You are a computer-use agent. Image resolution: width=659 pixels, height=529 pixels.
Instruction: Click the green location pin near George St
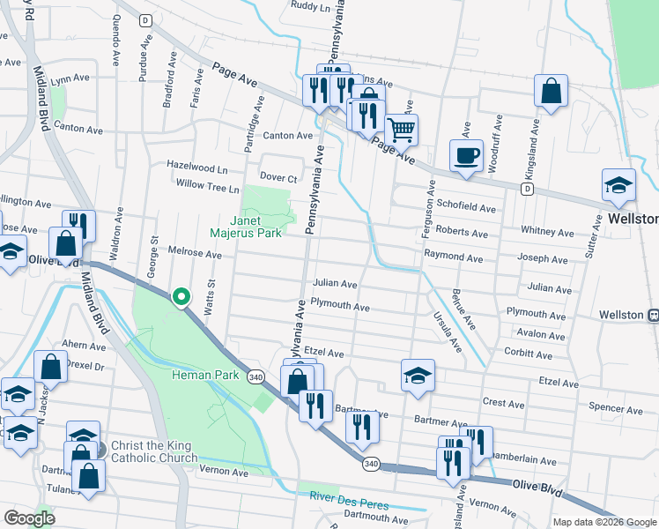click(x=181, y=298)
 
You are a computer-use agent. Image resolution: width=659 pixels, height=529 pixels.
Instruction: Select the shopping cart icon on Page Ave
click(x=401, y=130)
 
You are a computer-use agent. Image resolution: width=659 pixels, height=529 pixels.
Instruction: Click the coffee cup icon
click(x=466, y=155)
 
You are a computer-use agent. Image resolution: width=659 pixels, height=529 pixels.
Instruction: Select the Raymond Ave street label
click(x=453, y=259)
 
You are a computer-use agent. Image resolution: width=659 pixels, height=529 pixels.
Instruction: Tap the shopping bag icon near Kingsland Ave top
click(x=551, y=90)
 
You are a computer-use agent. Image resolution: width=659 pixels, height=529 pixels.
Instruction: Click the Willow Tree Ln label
click(x=207, y=188)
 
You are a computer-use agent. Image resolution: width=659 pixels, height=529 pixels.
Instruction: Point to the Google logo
click(x=29, y=518)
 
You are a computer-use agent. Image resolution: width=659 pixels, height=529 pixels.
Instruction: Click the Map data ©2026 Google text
click(x=605, y=522)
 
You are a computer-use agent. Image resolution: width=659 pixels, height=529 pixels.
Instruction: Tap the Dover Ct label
click(x=279, y=178)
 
